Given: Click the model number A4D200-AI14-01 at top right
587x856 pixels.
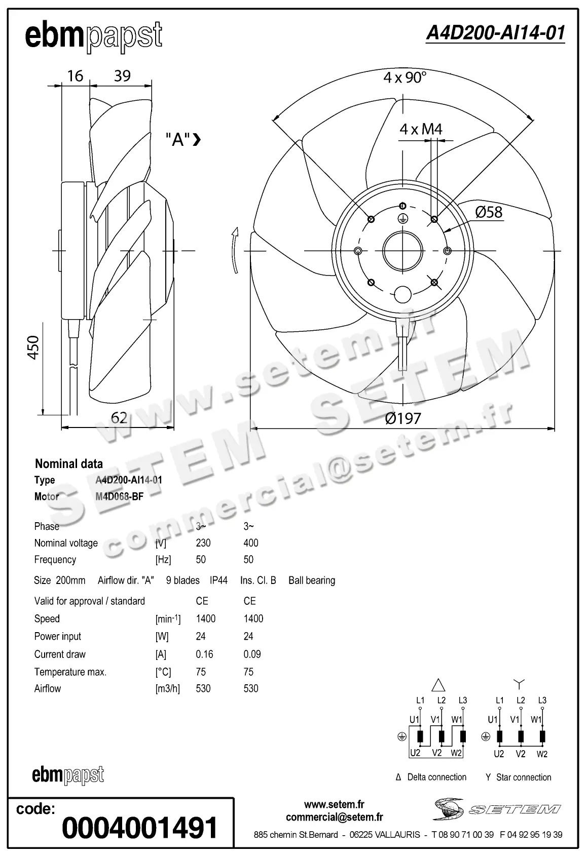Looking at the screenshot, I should [x=495, y=33].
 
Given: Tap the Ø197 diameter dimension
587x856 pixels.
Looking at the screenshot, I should [x=403, y=418].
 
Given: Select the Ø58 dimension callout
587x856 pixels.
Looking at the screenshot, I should [x=489, y=212].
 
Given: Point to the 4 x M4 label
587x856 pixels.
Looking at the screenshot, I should [x=421, y=129].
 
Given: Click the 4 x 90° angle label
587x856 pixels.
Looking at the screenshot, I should [x=405, y=77].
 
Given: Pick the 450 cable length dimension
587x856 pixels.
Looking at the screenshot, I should [x=33, y=347].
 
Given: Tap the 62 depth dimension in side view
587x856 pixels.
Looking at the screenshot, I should [x=119, y=418].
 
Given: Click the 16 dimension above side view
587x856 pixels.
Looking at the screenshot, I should [x=75, y=76].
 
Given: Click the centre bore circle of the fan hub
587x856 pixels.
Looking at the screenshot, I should [x=403, y=251].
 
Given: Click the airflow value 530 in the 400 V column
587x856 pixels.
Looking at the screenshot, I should [x=250, y=688].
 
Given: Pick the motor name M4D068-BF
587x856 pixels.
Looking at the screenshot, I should [x=119, y=496].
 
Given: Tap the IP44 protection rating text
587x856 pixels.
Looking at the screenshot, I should [x=218, y=580].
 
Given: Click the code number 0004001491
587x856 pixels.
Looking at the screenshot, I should [x=139, y=828].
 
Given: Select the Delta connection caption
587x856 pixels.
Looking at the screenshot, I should [x=436, y=777].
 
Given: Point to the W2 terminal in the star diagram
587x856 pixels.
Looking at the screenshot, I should [x=542, y=754].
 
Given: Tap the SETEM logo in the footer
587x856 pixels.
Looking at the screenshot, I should [x=497, y=809].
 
